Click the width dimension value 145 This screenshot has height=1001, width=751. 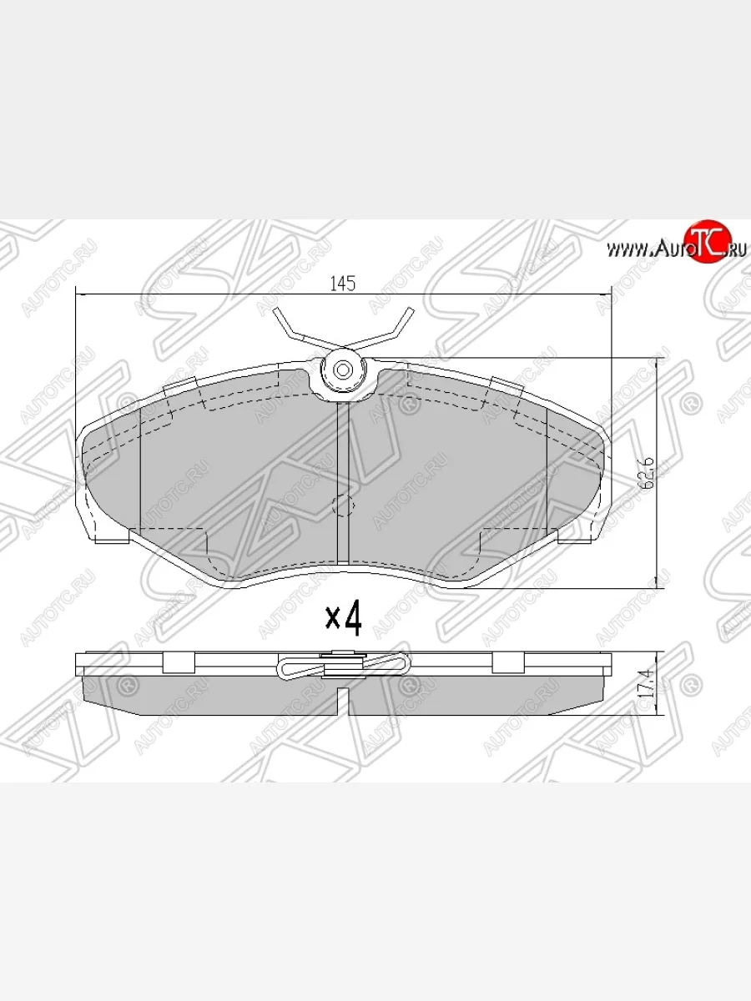point(342,284)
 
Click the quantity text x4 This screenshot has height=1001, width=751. point(343,618)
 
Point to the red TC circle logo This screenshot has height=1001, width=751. point(706,242)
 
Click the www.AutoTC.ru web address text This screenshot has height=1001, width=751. point(676,248)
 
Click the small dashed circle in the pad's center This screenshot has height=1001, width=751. point(343,506)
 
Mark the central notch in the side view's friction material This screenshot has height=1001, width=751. point(342,699)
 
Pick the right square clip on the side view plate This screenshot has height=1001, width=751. point(506,662)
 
